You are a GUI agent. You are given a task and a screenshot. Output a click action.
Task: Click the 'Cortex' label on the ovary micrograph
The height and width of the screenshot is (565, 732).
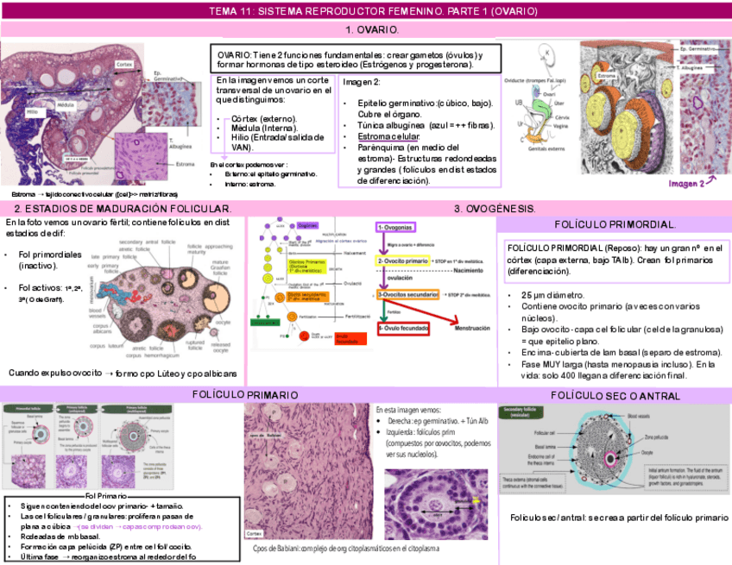coord(124,65)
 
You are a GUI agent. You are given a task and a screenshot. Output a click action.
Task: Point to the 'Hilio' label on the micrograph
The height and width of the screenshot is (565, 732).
coord(32,111)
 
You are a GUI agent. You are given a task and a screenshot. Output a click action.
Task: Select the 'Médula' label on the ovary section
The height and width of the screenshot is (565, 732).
coord(66,104)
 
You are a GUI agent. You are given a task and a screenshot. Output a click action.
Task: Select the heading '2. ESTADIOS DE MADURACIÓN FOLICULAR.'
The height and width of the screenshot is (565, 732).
coord(123,210)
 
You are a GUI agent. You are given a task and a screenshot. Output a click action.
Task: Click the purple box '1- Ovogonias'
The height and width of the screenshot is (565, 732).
coord(396,227)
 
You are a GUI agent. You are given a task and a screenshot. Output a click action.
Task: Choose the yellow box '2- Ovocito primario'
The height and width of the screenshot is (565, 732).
coord(403,261)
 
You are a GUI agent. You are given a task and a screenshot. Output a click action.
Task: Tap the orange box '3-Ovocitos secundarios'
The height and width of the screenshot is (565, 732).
coord(409,294)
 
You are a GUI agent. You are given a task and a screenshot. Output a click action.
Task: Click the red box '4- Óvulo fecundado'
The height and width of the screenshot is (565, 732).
coord(404,329)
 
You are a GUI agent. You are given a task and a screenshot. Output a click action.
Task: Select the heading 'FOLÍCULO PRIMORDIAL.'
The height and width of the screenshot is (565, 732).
coord(615,224)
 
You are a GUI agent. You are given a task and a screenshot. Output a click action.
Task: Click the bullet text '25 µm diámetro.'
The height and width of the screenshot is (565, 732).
coord(552,295)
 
